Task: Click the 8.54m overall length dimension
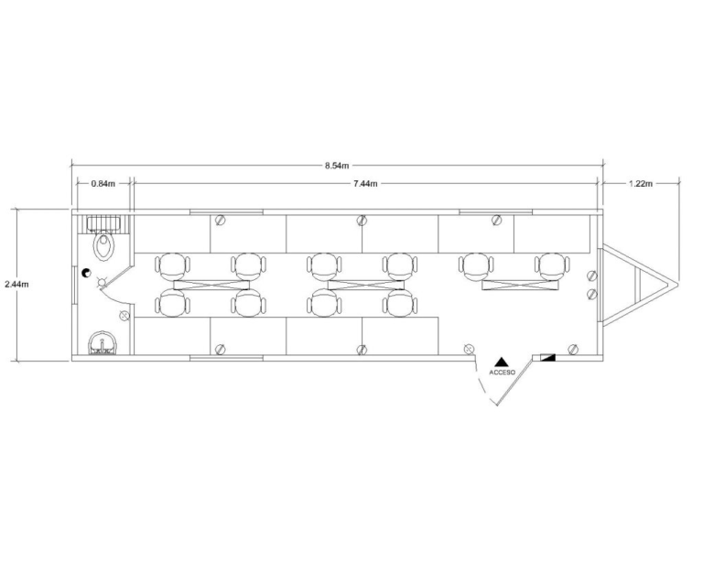pos(337,166)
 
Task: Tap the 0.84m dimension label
pos(103,183)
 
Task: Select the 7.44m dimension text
pos(365,183)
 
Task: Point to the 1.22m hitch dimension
pos(641,183)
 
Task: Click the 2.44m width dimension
pos(16,284)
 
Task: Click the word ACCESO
pos(503,373)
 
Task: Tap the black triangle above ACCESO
pos(502,362)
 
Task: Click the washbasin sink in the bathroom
pos(103,343)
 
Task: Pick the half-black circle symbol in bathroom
pos(86,273)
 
